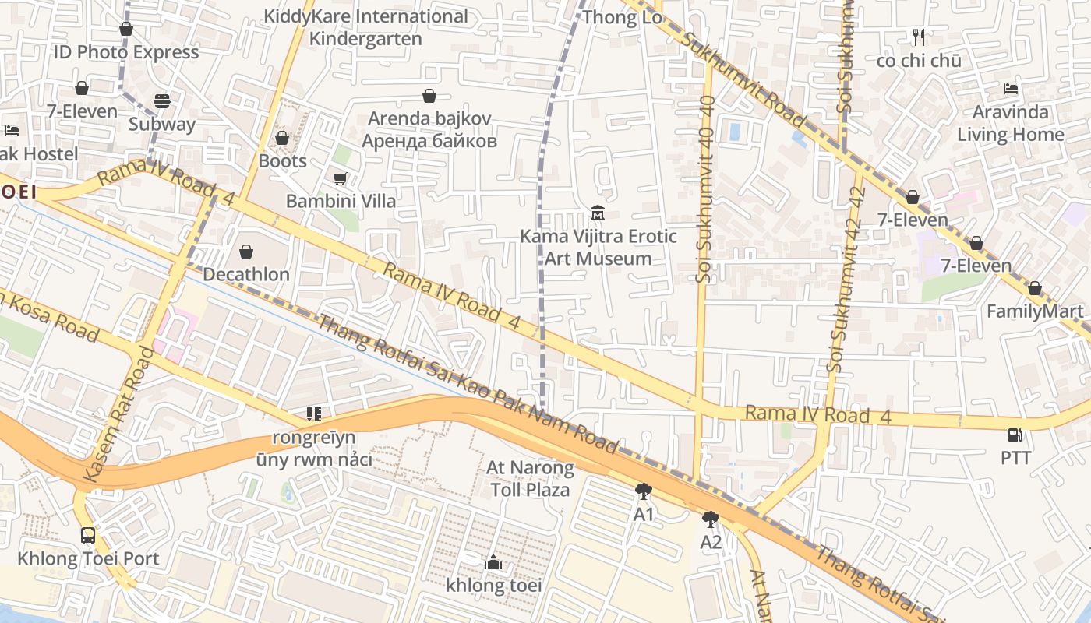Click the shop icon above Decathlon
pos(246,252)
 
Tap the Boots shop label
pos(282,160)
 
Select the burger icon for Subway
pos(162,101)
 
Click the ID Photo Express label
pos(126,52)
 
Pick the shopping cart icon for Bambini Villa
pos(341,179)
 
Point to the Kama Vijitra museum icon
pos(598,213)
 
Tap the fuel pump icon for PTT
pos(1015,435)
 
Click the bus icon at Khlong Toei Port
pos(88,536)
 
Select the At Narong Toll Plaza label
pos(530,479)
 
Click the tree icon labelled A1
pos(643,491)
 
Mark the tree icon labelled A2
pos(710,519)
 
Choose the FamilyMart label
pos(1035,311)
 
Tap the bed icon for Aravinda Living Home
pos(1011,89)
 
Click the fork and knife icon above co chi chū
pos(919,37)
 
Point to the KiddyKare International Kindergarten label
pos(365,27)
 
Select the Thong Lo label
pos(622,17)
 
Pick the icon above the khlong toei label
pos(493,562)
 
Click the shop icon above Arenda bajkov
pos(429,96)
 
